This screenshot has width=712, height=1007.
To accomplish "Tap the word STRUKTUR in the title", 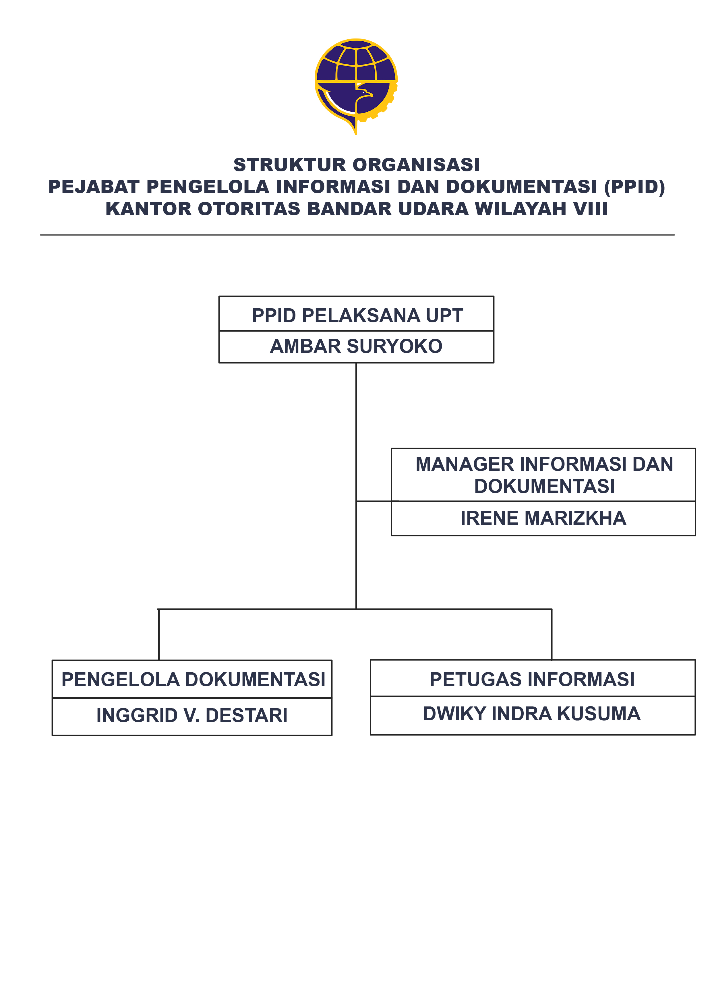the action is pyautogui.click(x=290, y=165).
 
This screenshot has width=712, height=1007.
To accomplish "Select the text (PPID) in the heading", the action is pyautogui.click(x=634, y=187).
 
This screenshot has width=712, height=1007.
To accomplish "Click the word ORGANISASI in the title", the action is pyautogui.click(x=416, y=165).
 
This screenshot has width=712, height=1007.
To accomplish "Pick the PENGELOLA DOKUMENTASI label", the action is pyautogui.click(x=193, y=679).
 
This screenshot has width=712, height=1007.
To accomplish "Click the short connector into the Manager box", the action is pyautogui.click(x=374, y=501).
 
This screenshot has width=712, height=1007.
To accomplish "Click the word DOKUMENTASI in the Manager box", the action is pyautogui.click(x=544, y=486).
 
